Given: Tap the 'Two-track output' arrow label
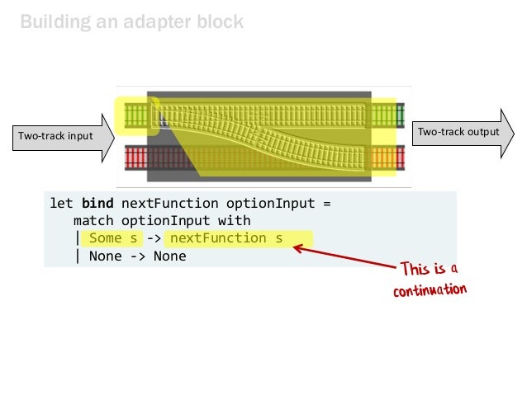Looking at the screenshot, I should [458, 132].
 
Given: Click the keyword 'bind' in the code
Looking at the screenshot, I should [99, 203].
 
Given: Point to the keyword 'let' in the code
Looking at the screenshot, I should [63, 203].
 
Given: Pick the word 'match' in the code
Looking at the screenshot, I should [93, 220].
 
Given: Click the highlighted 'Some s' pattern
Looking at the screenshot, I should [115, 238].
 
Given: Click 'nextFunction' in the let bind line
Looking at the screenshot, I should [169, 203].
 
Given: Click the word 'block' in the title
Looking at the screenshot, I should [219, 21].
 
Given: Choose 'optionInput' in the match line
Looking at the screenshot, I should [172, 220].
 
